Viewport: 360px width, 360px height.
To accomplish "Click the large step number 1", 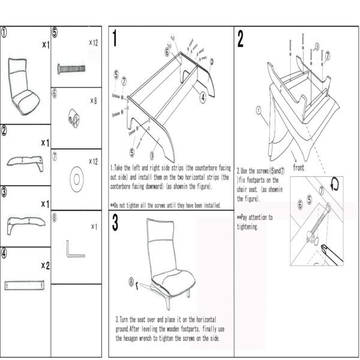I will click(115, 40).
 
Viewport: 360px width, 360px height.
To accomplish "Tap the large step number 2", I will click(241, 40).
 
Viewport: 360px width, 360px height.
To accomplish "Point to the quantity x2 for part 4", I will click(44, 265).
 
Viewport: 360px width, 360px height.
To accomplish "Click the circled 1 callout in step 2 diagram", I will click(258, 110).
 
